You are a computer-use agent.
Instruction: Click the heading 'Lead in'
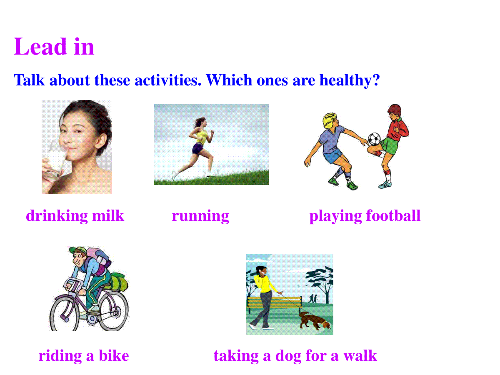click(x=54, y=47)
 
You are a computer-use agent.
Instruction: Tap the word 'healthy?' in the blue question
click(x=350, y=80)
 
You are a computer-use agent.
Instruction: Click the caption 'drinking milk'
click(x=75, y=216)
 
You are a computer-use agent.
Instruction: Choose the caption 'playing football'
click(x=365, y=216)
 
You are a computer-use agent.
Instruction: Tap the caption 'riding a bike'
click(x=84, y=356)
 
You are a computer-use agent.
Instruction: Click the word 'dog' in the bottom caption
click(x=288, y=356)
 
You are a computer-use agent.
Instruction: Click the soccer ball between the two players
click(x=374, y=139)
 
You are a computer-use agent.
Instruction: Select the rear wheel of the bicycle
click(x=114, y=311)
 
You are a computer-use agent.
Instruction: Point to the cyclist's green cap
click(x=77, y=250)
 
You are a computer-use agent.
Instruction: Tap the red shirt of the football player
click(x=397, y=129)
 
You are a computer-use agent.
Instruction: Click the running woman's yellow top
click(x=202, y=137)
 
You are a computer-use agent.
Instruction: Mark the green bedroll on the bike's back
click(x=118, y=282)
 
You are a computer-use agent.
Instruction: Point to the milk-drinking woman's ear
click(x=102, y=141)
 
